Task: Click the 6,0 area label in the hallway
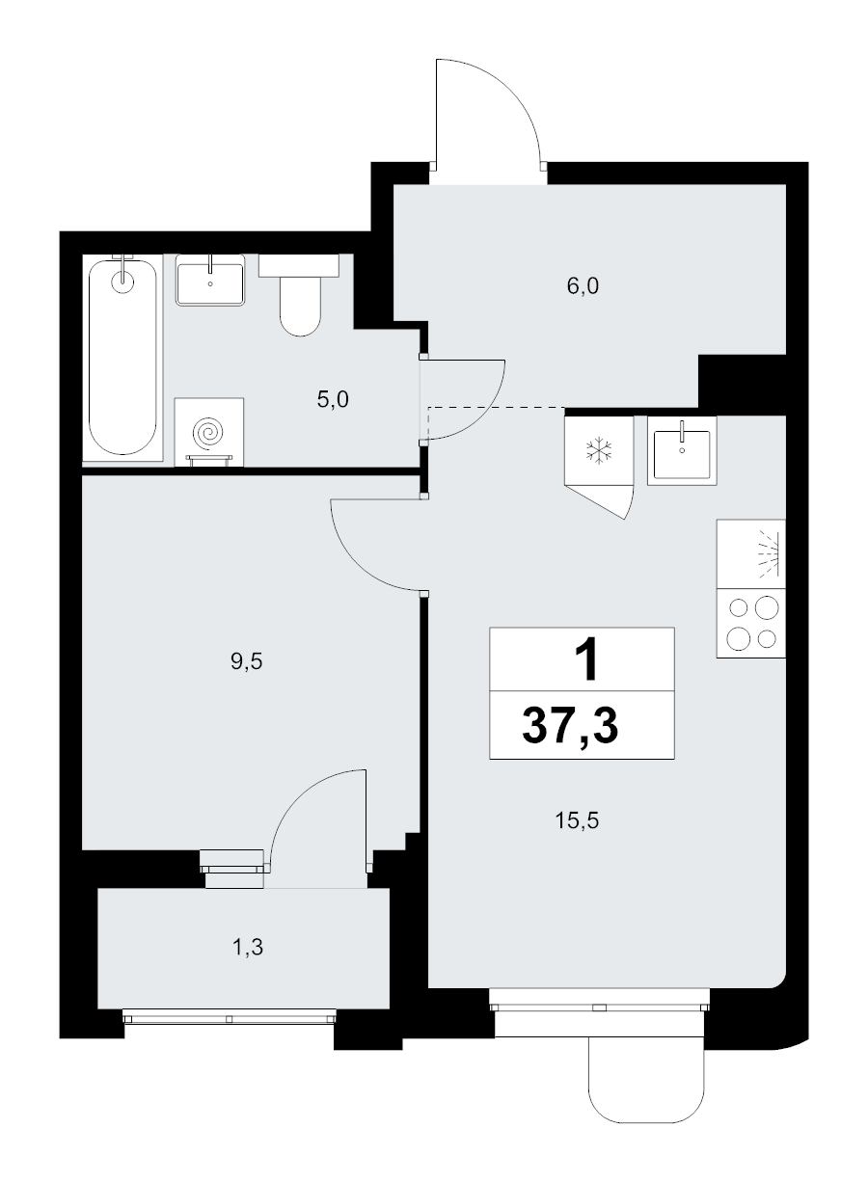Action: [583, 286]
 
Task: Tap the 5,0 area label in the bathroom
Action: [333, 399]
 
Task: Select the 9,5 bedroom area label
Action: [247, 660]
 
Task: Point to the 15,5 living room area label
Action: [577, 820]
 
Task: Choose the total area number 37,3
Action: [570, 726]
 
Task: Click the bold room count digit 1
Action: [586, 658]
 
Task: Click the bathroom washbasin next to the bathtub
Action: [210, 281]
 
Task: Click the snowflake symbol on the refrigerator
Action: [599, 450]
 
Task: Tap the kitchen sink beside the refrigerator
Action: [682, 450]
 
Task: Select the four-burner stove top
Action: [750, 623]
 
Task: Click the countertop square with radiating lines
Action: [750, 554]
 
